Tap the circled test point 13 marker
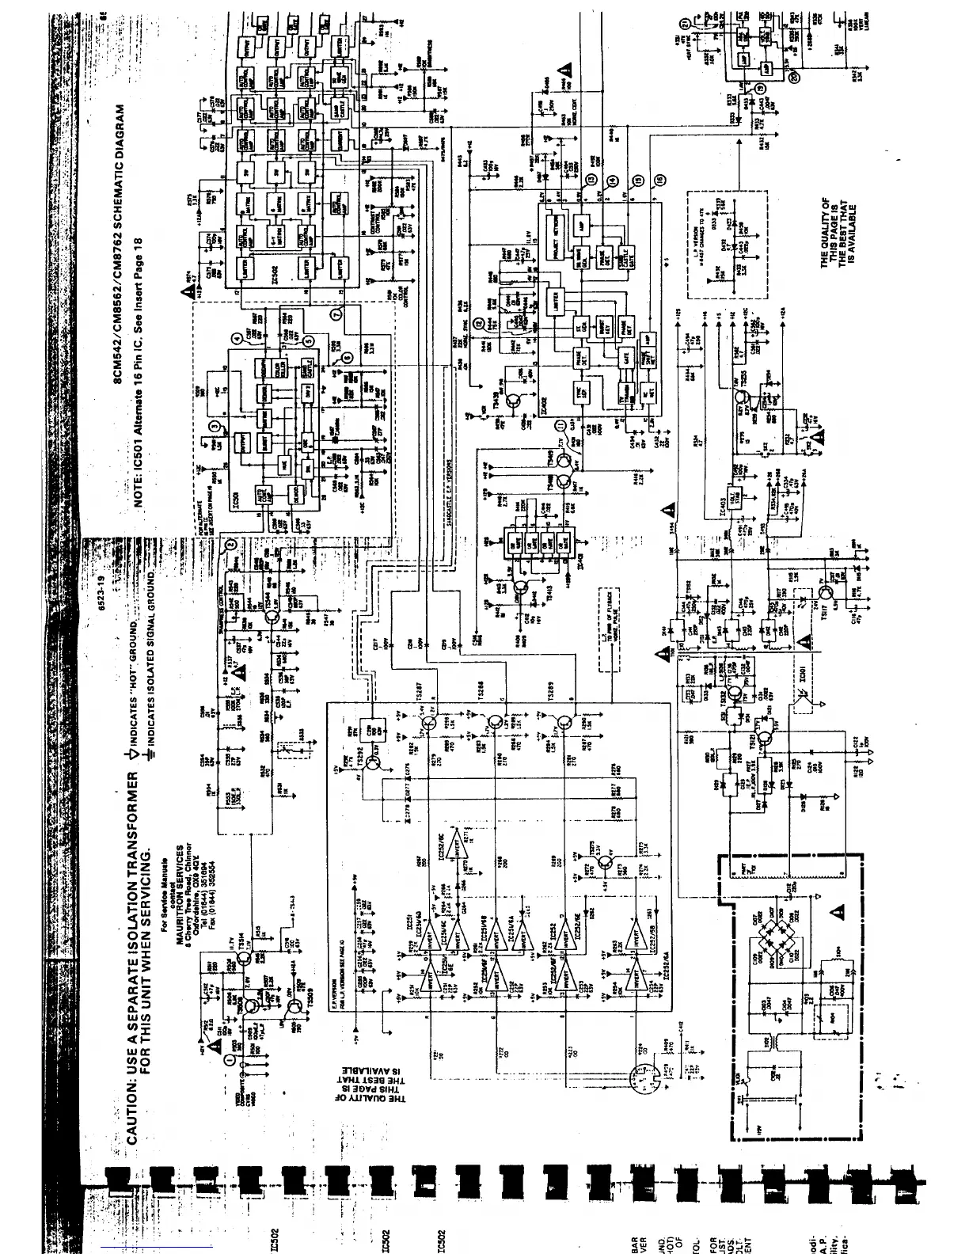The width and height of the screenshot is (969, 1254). [590, 179]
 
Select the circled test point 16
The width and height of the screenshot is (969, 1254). [659, 180]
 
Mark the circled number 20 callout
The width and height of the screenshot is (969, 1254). [795, 75]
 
